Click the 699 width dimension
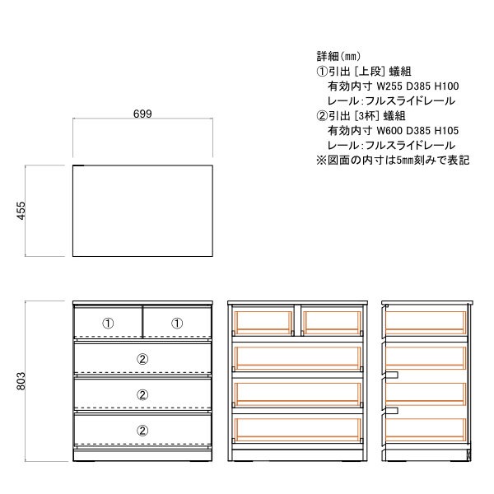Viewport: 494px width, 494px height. click(142, 114)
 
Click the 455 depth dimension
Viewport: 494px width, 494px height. click(21, 211)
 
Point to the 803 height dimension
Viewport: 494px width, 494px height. click(21, 381)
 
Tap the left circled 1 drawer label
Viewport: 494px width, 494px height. click(108, 324)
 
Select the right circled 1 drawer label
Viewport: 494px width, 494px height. click(177, 324)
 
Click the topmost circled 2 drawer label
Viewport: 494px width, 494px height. click(142, 359)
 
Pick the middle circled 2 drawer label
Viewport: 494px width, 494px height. click(142, 394)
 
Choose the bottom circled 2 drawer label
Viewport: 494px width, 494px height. click(142, 431)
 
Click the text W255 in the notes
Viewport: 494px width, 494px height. click(389, 86)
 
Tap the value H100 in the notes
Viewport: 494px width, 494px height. click(447, 86)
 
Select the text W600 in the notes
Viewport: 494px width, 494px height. click(389, 130)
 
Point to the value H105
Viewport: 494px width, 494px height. click(447, 130)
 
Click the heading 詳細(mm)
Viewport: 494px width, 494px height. click(338, 56)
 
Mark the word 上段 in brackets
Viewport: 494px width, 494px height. click(370, 72)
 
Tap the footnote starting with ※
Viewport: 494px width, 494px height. click(393, 160)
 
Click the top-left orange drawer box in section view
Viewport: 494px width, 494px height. click(263, 323)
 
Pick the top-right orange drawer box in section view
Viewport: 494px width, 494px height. click(333, 323)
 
